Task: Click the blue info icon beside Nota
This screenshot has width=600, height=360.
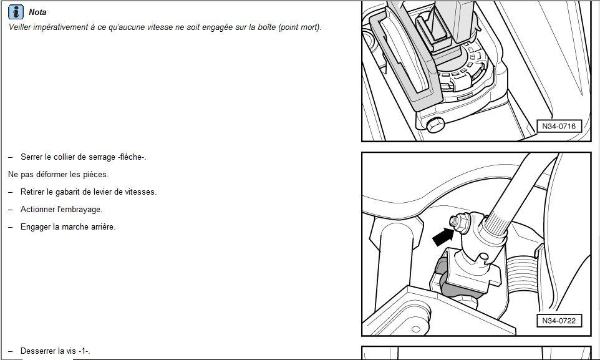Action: coord(16,12)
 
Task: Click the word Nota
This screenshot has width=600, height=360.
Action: coord(37,12)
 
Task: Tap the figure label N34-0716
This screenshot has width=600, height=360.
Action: coord(559,127)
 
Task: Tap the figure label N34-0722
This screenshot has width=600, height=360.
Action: coord(559,321)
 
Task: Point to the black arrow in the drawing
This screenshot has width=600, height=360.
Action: coord(443,237)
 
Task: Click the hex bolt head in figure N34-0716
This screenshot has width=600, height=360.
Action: coord(435,125)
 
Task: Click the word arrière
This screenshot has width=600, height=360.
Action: coord(102,227)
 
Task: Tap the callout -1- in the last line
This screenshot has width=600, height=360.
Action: coord(84,351)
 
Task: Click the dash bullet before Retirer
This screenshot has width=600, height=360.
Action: coord(11,192)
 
